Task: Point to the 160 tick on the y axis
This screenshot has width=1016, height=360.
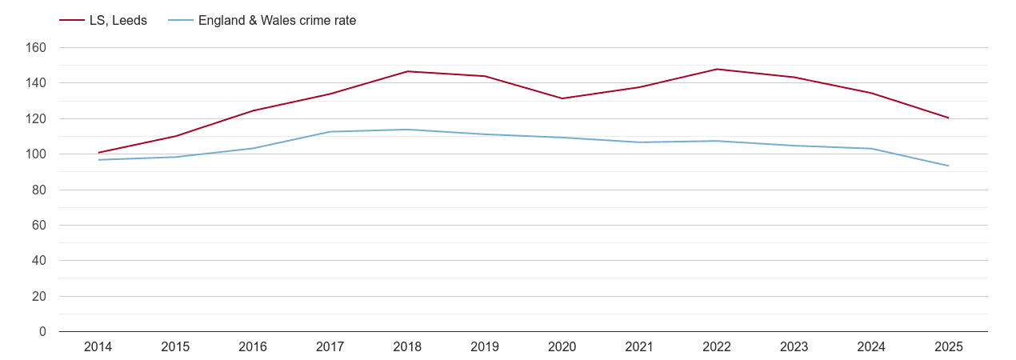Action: pos(37,48)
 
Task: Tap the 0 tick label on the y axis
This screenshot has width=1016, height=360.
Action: pos(42,332)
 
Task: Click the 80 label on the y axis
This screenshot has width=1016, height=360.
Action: pos(39,190)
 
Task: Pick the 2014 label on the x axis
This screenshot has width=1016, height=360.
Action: pos(98,347)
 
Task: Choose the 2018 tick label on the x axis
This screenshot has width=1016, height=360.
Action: pos(407,347)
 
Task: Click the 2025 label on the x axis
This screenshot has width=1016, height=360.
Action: pos(949,347)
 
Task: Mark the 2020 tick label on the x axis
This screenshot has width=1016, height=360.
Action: pos(562,347)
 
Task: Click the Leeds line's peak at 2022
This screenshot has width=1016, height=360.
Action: pos(717,69)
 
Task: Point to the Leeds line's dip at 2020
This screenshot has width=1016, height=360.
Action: pos(562,98)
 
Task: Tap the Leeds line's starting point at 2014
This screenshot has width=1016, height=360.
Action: pos(98,153)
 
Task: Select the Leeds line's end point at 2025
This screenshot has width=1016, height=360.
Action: pos(949,118)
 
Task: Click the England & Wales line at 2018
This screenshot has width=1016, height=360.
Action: pos(407,130)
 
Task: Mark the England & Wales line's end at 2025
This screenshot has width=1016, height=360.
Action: pos(949,166)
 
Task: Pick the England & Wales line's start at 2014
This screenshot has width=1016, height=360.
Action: pos(98,160)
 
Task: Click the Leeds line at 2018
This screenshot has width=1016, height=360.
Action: pos(407,71)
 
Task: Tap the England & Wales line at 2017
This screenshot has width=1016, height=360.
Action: pos(330,132)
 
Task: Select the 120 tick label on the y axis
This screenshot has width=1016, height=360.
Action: pos(37,119)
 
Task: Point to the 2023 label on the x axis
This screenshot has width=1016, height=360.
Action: pos(794,347)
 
